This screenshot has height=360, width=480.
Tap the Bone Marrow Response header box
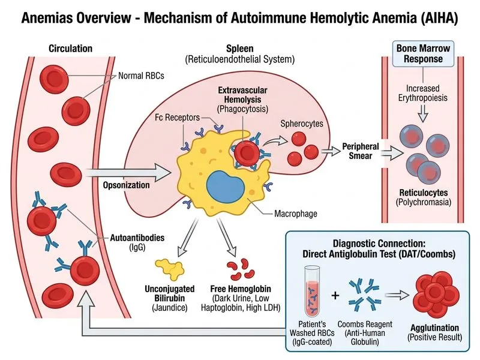423,53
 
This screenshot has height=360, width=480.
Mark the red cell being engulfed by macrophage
245,153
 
